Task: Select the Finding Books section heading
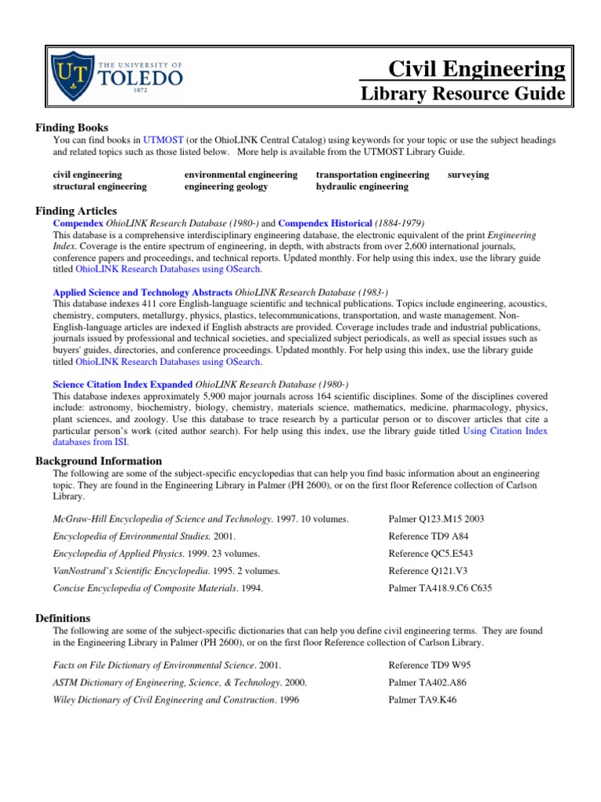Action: [72, 128]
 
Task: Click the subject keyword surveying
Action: [468, 175]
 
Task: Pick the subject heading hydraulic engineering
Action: [362, 186]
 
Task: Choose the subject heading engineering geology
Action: [225, 186]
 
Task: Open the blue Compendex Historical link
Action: [325, 223]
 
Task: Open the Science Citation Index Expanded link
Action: [122, 385]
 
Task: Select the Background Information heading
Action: [99, 461]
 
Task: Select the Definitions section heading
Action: [63, 618]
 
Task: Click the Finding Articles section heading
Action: [77, 211]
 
